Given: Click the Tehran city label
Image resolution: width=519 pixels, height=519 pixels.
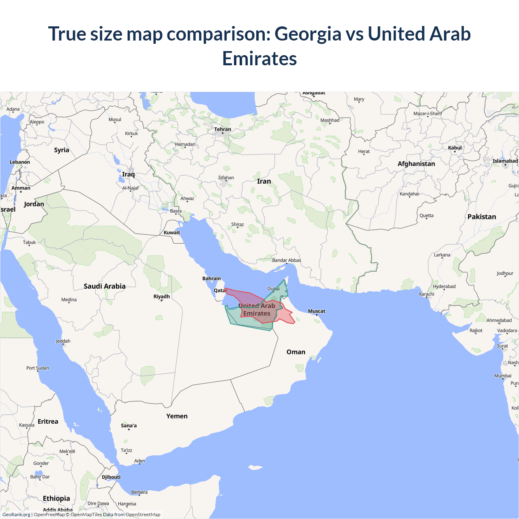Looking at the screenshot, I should pos(223,129).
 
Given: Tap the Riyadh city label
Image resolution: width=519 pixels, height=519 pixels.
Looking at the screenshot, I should pos(161,296).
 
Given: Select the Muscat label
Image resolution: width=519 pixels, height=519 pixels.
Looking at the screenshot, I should pos(317,311).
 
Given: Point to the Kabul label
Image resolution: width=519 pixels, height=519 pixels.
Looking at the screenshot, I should pos(455,148).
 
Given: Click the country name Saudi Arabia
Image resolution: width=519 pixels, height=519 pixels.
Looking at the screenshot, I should pos(105,286).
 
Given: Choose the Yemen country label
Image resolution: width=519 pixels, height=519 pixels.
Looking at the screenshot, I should pos(177,416).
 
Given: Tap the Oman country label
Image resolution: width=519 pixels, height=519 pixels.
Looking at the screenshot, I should pos(296,352).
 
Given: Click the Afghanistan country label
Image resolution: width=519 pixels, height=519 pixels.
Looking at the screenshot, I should pos(416,164).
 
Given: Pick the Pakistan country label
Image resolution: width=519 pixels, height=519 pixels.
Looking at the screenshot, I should pos(482,217).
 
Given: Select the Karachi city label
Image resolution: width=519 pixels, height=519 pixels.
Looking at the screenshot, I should pos(427,294).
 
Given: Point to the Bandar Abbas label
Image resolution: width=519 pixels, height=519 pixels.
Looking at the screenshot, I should pos(286,260).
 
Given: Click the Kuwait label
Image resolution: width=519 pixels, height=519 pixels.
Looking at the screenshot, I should pos(172,232).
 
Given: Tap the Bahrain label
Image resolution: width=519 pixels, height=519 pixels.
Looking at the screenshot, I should pos(212,279).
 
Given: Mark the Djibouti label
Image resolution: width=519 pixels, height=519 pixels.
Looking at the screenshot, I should pos(111,477).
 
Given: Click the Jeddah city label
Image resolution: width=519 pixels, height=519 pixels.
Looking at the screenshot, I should pos(63,341).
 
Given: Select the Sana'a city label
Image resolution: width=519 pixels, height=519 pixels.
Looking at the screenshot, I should pos(129,425).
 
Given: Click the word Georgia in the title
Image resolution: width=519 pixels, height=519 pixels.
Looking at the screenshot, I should pos(308,34).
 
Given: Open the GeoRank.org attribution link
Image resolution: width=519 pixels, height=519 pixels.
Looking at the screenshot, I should pos(16,515).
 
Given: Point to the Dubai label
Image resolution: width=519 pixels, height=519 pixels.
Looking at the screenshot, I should pos(274,289).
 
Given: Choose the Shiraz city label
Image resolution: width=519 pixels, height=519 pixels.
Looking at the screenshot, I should pos(238,224).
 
